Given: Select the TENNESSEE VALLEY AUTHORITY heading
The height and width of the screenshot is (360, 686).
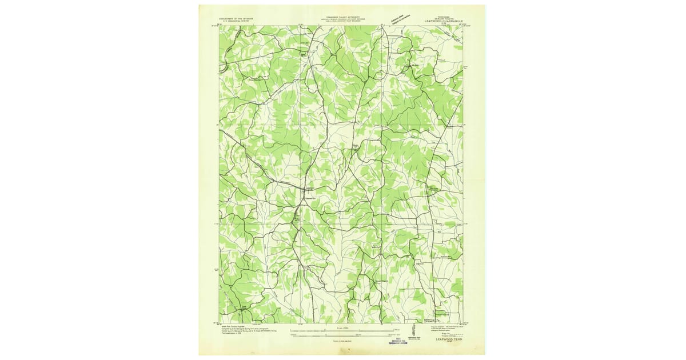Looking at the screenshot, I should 350,18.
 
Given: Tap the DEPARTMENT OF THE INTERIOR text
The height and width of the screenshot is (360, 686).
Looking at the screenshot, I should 240,18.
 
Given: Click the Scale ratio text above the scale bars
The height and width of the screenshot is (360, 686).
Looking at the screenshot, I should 343,325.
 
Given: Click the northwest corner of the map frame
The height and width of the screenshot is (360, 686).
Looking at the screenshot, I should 219,26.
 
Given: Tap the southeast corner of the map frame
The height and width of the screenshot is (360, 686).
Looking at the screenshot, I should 462,323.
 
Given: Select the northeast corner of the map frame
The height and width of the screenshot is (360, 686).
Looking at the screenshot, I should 462,26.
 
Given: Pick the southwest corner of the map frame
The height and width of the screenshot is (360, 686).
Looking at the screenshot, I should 219,323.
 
